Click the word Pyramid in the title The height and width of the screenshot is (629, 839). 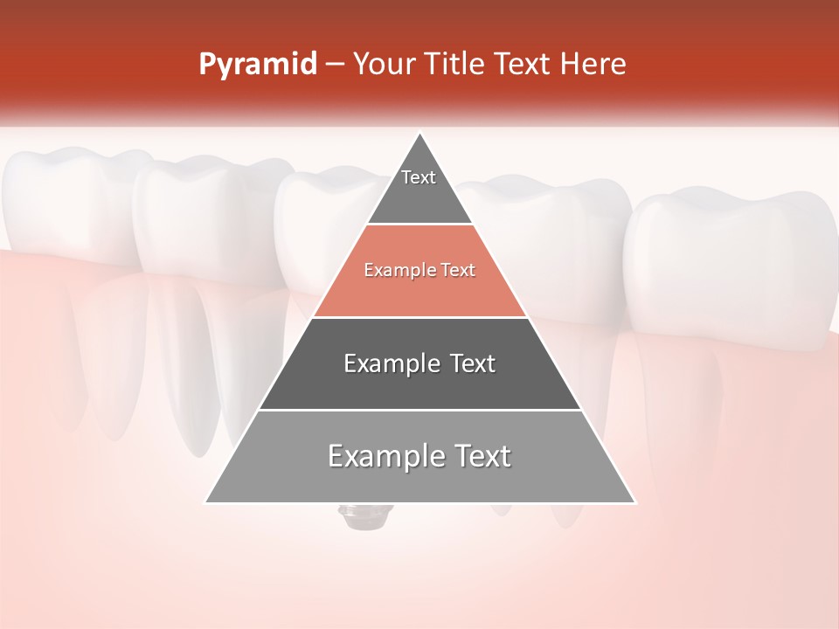click(x=258, y=66)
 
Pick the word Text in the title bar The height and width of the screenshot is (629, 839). click(x=524, y=65)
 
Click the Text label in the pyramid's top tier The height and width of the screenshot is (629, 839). click(x=419, y=177)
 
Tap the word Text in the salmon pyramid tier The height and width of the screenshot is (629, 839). click(x=459, y=270)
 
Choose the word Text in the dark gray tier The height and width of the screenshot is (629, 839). click(x=473, y=363)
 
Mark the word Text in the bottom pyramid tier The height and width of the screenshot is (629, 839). click(x=480, y=456)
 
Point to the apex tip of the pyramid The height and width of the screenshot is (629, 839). click(x=419, y=134)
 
